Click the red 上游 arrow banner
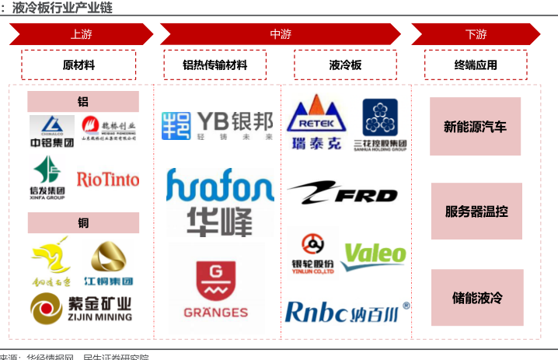pos(81,34)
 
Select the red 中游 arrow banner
pos(281,34)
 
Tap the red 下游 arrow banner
pos(476,34)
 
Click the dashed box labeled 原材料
pos(78,65)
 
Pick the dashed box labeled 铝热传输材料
pos(215,65)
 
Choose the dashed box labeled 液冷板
pos(346,65)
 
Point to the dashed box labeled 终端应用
pos(476,65)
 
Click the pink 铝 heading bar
pos(83,102)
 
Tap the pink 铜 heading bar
pos(83,223)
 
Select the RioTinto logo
pos(108,180)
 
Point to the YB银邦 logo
pos(218,125)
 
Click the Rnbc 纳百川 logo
pos(347,311)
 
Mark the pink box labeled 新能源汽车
pos(475,127)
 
